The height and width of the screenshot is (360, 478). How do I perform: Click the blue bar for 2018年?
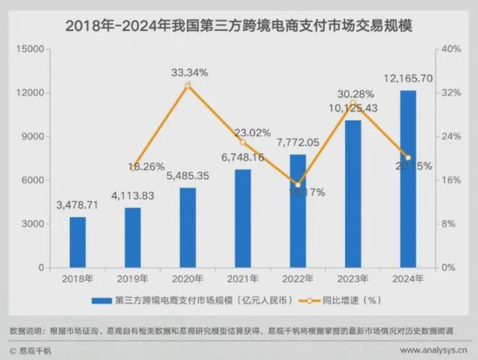(77, 242)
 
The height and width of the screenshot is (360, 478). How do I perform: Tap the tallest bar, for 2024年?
(408, 179)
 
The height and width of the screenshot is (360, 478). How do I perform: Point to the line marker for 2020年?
(188, 85)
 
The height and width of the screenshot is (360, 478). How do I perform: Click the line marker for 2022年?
(298, 185)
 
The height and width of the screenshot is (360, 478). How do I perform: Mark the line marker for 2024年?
(408, 158)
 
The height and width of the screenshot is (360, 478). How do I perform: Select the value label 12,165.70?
(407, 78)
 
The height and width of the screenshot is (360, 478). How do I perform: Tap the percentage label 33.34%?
(189, 72)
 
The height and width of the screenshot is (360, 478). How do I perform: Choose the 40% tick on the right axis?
(452, 49)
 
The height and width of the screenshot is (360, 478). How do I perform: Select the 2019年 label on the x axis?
(133, 279)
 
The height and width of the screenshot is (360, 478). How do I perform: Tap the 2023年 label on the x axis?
(353, 279)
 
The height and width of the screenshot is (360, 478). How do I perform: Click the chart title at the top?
(239, 27)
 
